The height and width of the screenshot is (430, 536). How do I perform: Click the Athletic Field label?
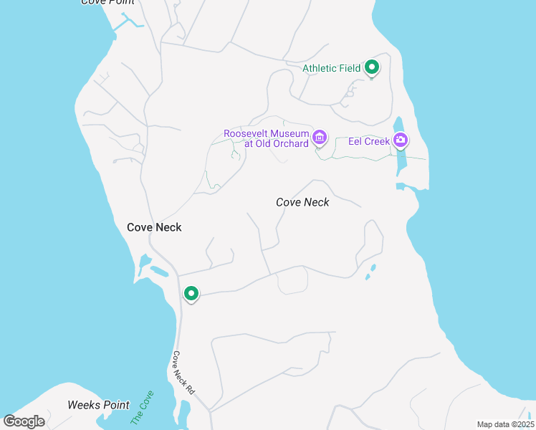(x=331, y=68)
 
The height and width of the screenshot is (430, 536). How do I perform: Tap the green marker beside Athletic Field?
(x=372, y=67)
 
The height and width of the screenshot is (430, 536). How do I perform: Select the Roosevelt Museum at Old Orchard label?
(x=266, y=138)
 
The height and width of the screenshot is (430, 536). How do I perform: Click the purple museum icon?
(x=320, y=136)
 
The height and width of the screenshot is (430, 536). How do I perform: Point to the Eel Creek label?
(x=369, y=141)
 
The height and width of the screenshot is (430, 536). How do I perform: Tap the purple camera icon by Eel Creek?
(x=401, y=140)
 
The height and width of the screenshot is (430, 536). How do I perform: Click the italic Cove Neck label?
(x=302, y=202)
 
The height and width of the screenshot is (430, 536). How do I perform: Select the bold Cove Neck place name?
(x=154, y=227)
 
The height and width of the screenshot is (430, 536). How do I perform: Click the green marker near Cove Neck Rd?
(x=191, y=293)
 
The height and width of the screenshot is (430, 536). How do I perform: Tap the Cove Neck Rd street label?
(x=183, y=373)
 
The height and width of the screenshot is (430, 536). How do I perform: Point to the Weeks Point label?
(x=98, y=405)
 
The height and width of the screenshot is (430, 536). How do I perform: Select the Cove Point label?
(x=107, y=3)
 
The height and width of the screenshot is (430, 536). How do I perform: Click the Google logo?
(x=24, y=421)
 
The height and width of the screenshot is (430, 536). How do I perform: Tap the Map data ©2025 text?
(x=505, y=424)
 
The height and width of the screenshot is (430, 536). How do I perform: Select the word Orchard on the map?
(x=291, y=143)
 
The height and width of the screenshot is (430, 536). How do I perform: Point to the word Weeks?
(x=83, y=405)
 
